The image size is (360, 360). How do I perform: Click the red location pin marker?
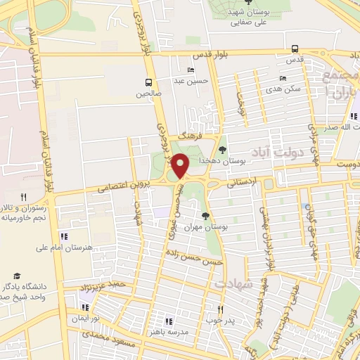tap(181, 166)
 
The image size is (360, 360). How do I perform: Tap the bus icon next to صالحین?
tap(148, 82)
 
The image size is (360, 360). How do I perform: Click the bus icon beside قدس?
tap(294, 49)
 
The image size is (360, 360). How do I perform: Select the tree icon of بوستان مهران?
tap(205, 216)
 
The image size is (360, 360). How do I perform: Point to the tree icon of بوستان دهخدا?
tap(223, 149)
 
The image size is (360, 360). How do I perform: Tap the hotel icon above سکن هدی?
tap(283, 78)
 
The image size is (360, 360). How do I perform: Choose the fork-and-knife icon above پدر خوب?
tap(220, 309)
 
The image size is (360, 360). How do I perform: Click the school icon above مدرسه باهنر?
tap(167, 321)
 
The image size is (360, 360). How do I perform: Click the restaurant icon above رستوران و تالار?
tap(23, 198)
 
